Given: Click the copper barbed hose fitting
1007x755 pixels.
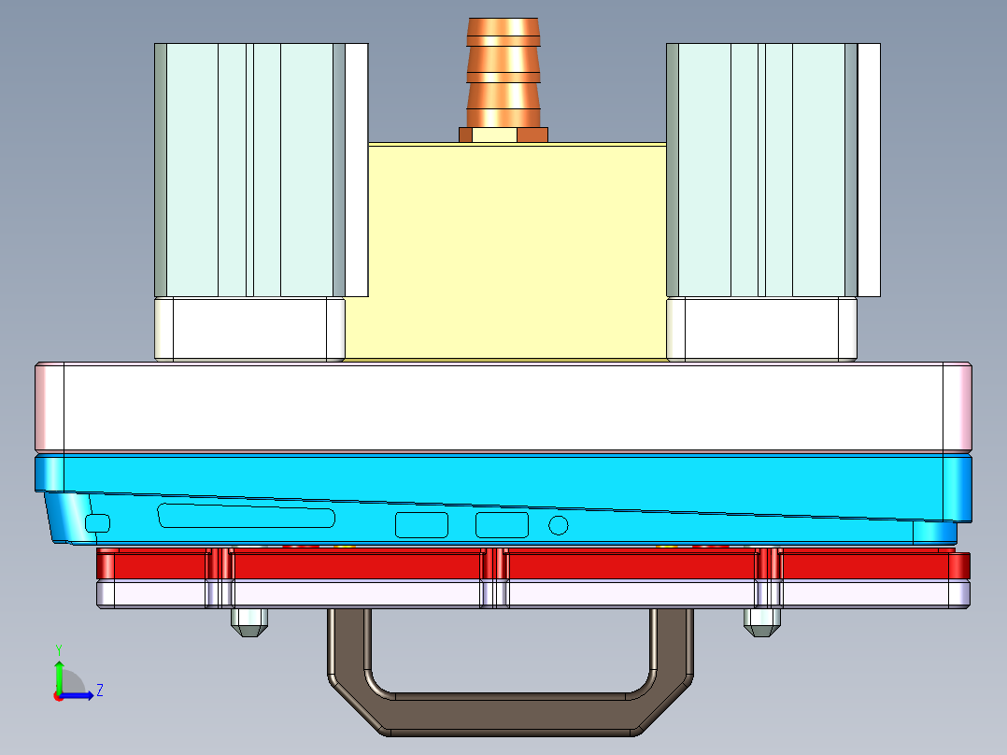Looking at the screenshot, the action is [x=503, y=73].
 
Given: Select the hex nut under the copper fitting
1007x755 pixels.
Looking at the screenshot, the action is [x=503, y=135].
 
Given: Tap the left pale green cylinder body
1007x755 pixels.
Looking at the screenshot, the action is [x=249, y=170].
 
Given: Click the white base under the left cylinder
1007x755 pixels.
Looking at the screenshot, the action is [x=249, y=328].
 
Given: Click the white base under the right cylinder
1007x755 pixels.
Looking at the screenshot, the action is [x=761, y=328].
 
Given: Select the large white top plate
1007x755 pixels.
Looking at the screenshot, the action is [x=503, y=406].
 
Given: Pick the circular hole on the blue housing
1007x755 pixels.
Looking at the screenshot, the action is [x=559, y=526].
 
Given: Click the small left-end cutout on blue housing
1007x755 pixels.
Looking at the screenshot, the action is [x=97, y=523].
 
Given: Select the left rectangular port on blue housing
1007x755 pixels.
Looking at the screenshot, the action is [x=422, y=525].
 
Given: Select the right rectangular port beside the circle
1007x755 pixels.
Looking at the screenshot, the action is [x=503, y=525].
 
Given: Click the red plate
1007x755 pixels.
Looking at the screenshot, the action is [x=533, y=564].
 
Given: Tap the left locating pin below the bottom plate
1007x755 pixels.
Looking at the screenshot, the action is [x=249, y=622].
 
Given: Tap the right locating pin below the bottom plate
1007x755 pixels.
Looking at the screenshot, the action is [x=761, y=622].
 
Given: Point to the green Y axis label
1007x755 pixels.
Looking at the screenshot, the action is [x=59, y=649].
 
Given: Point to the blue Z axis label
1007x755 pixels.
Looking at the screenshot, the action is [x=100, y=691].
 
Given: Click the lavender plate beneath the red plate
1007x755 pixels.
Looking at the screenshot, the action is [x=533, y=594].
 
